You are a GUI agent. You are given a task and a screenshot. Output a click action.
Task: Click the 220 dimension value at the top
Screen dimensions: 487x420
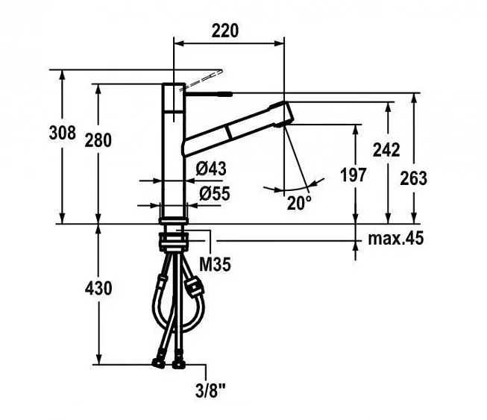[x=225, y=31]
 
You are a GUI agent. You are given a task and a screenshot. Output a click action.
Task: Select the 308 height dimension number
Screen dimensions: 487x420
[x=63, y=133]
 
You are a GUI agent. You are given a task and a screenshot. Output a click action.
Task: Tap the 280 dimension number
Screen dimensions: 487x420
[x=98, y=140]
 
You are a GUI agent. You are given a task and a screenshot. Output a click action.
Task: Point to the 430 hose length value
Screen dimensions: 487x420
[x=98, y=289]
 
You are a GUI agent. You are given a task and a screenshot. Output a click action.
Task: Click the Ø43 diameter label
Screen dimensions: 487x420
[x=211, y=169]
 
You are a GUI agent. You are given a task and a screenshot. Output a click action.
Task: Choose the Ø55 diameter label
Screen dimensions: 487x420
[x=215, y=193]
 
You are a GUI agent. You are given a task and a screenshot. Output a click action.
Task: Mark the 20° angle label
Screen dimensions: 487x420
[x=299, y=204]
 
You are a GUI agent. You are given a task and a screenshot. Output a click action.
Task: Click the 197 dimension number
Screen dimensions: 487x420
[x=354, y=175]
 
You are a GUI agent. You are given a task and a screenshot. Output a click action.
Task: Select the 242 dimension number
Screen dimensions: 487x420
[x=386, y=150]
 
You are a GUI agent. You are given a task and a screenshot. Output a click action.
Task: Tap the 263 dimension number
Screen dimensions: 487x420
[x=413, y=178]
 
